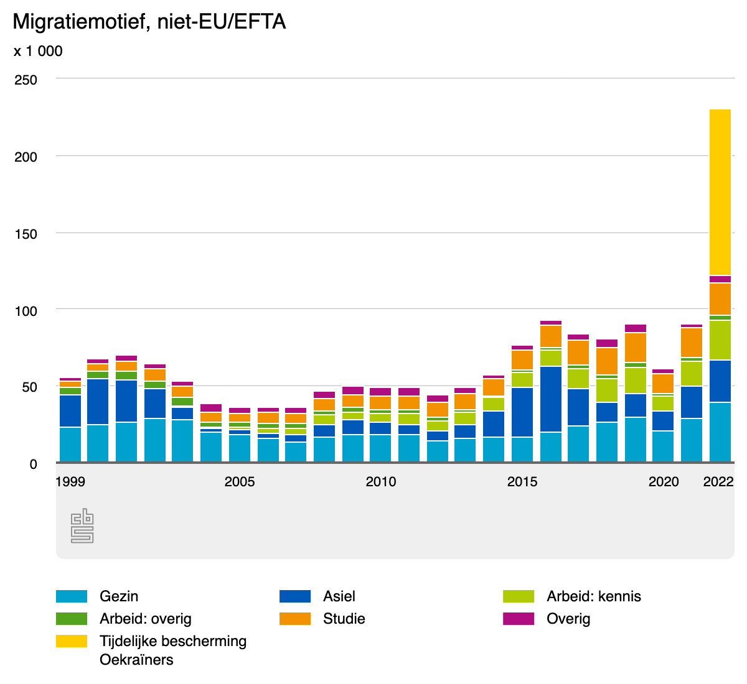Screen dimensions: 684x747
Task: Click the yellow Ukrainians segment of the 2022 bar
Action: (720, 192)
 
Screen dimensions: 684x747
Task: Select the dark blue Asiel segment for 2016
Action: (551, 399)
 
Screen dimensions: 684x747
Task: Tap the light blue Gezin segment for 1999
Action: (70, 444)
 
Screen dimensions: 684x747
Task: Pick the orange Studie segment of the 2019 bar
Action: (636, 347)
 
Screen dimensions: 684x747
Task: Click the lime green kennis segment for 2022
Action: (720, 340)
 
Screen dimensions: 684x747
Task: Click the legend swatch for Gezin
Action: (72, 596)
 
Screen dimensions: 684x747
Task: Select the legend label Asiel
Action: (339, 596)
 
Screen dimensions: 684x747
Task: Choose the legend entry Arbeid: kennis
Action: (593, 596)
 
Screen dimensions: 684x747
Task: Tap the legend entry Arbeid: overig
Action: (145, 619)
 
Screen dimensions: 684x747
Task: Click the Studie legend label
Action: (344, 619)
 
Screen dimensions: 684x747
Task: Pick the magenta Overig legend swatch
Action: (519, 619)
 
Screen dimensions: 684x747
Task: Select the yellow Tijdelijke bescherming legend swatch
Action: (72, 641)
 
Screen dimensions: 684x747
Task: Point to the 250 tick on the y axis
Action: (26, 80)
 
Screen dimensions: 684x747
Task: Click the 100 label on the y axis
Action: (26, 310)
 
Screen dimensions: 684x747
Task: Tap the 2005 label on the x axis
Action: (240, 481)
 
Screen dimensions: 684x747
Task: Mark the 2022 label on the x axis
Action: (718, 481)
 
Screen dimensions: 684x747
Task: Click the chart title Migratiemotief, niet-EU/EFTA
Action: (149, 22)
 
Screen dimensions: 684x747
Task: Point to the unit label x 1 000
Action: (38, 51)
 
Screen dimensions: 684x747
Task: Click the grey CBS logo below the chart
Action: (82, 526)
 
